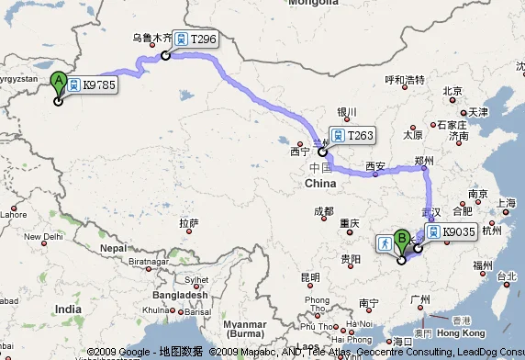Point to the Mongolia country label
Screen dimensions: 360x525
(x=314, y=4)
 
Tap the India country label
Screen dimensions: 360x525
(x=67, y=309)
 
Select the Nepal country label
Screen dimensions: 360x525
(x=113, y=248)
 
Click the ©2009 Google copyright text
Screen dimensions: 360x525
(x=118, y=352)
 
